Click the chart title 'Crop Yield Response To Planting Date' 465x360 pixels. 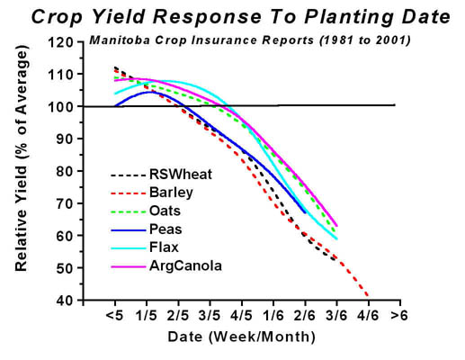point(239,16)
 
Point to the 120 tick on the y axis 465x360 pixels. point(61,42)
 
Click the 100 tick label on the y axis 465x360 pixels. point(61,106)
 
